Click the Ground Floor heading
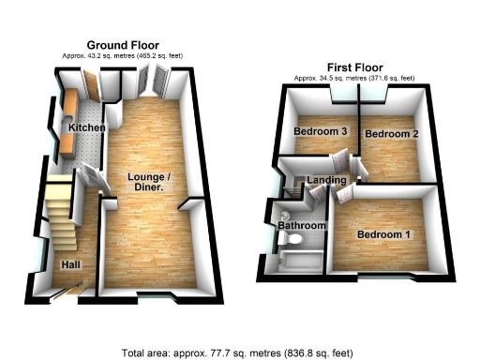click(122, 45)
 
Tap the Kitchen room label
click(85, 127)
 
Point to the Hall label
click(70, 265)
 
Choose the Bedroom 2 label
click(390, 135)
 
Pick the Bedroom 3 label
click(322, 132)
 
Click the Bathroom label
click(300, 226)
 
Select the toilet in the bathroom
click(282, 247)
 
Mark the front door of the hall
click(66, 294)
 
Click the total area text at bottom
click(238, 352)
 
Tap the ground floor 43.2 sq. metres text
click(122, 56)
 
